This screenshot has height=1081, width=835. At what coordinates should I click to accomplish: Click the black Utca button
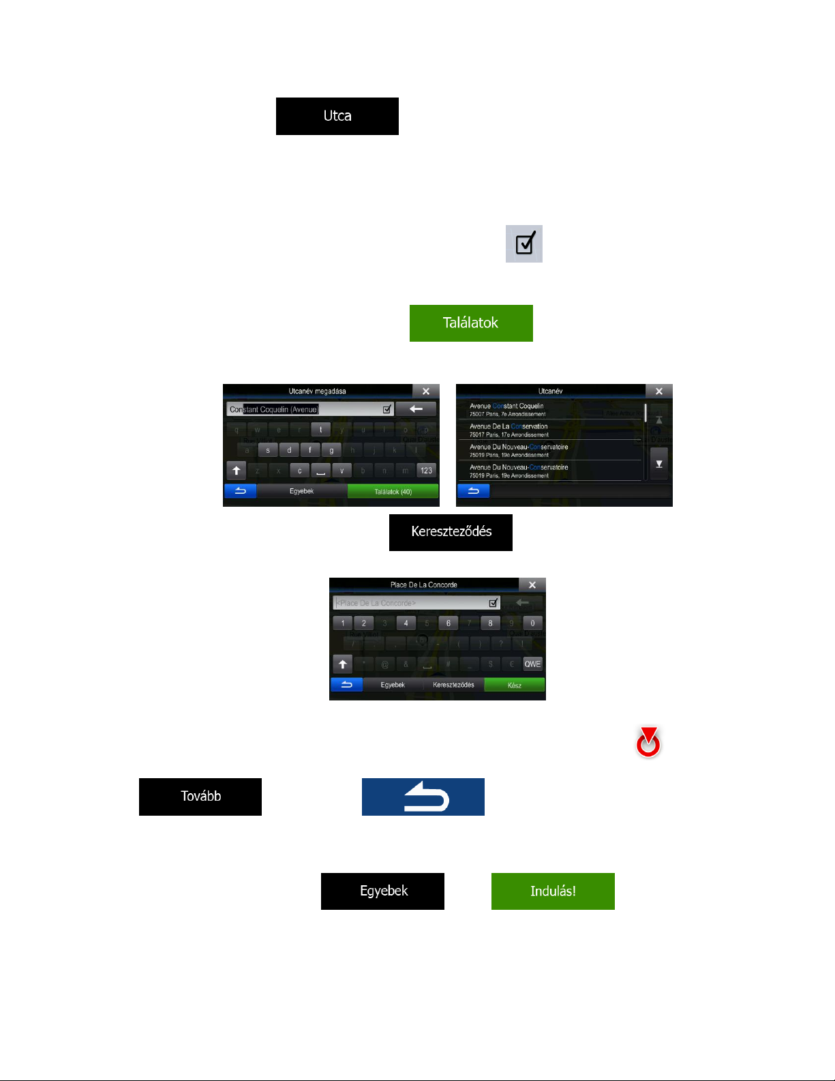point(337,116)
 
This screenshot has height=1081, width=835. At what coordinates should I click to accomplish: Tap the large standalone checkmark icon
point(523,243)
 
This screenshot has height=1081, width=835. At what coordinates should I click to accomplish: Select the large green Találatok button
point(470,323)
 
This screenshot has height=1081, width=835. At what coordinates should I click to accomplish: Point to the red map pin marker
point(648,743)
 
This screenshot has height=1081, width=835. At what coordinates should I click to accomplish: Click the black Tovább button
point(200,796)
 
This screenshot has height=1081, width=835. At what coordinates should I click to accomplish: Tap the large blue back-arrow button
point(423,797)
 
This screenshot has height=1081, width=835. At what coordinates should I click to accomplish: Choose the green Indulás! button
point(552,891)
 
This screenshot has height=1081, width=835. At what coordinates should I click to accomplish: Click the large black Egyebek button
point(382,891)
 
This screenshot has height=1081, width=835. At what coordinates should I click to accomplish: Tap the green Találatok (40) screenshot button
point(393,491)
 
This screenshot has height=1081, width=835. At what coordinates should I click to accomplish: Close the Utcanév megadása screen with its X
point(426,391)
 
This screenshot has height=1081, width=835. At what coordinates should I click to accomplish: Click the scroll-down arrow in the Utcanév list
point(658,464)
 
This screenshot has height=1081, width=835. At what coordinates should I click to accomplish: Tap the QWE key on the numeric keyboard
point(532,664)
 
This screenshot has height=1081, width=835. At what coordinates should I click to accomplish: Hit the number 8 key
point(490,623)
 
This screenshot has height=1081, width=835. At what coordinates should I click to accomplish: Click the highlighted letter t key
point(320,429)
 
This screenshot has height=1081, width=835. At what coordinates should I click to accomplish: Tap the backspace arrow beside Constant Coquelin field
point(416,409)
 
